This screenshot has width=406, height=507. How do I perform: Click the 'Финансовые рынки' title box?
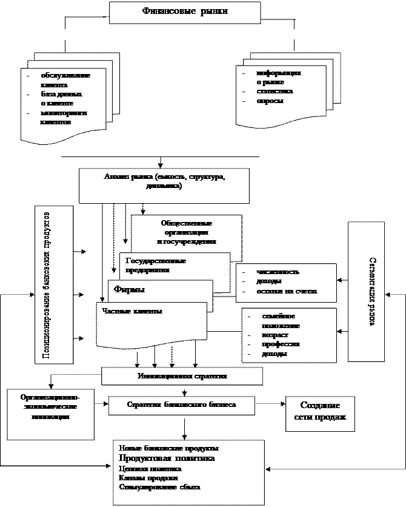coord(185,12)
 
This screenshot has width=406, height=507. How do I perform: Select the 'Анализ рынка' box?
coord(164,185)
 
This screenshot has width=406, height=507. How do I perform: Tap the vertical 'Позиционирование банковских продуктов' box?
coord(54,284)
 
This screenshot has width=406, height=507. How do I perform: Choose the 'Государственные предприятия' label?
coord(156,265)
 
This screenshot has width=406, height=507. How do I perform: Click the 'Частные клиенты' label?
coord(132,311)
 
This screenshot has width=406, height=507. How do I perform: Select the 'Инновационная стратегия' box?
coord(182,376)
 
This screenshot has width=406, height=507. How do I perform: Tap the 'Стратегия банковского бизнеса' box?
coord(182,405)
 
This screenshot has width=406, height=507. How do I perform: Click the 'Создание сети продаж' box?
coord(320,411)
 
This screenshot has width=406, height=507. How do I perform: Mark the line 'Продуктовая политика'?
coord(167,458)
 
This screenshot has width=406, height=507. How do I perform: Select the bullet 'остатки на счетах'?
coord(287,292)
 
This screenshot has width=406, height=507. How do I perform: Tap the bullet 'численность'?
coord(278,272)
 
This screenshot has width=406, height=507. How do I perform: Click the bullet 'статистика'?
coord(275,92)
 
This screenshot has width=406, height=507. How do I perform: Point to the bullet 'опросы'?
coord(270,101)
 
